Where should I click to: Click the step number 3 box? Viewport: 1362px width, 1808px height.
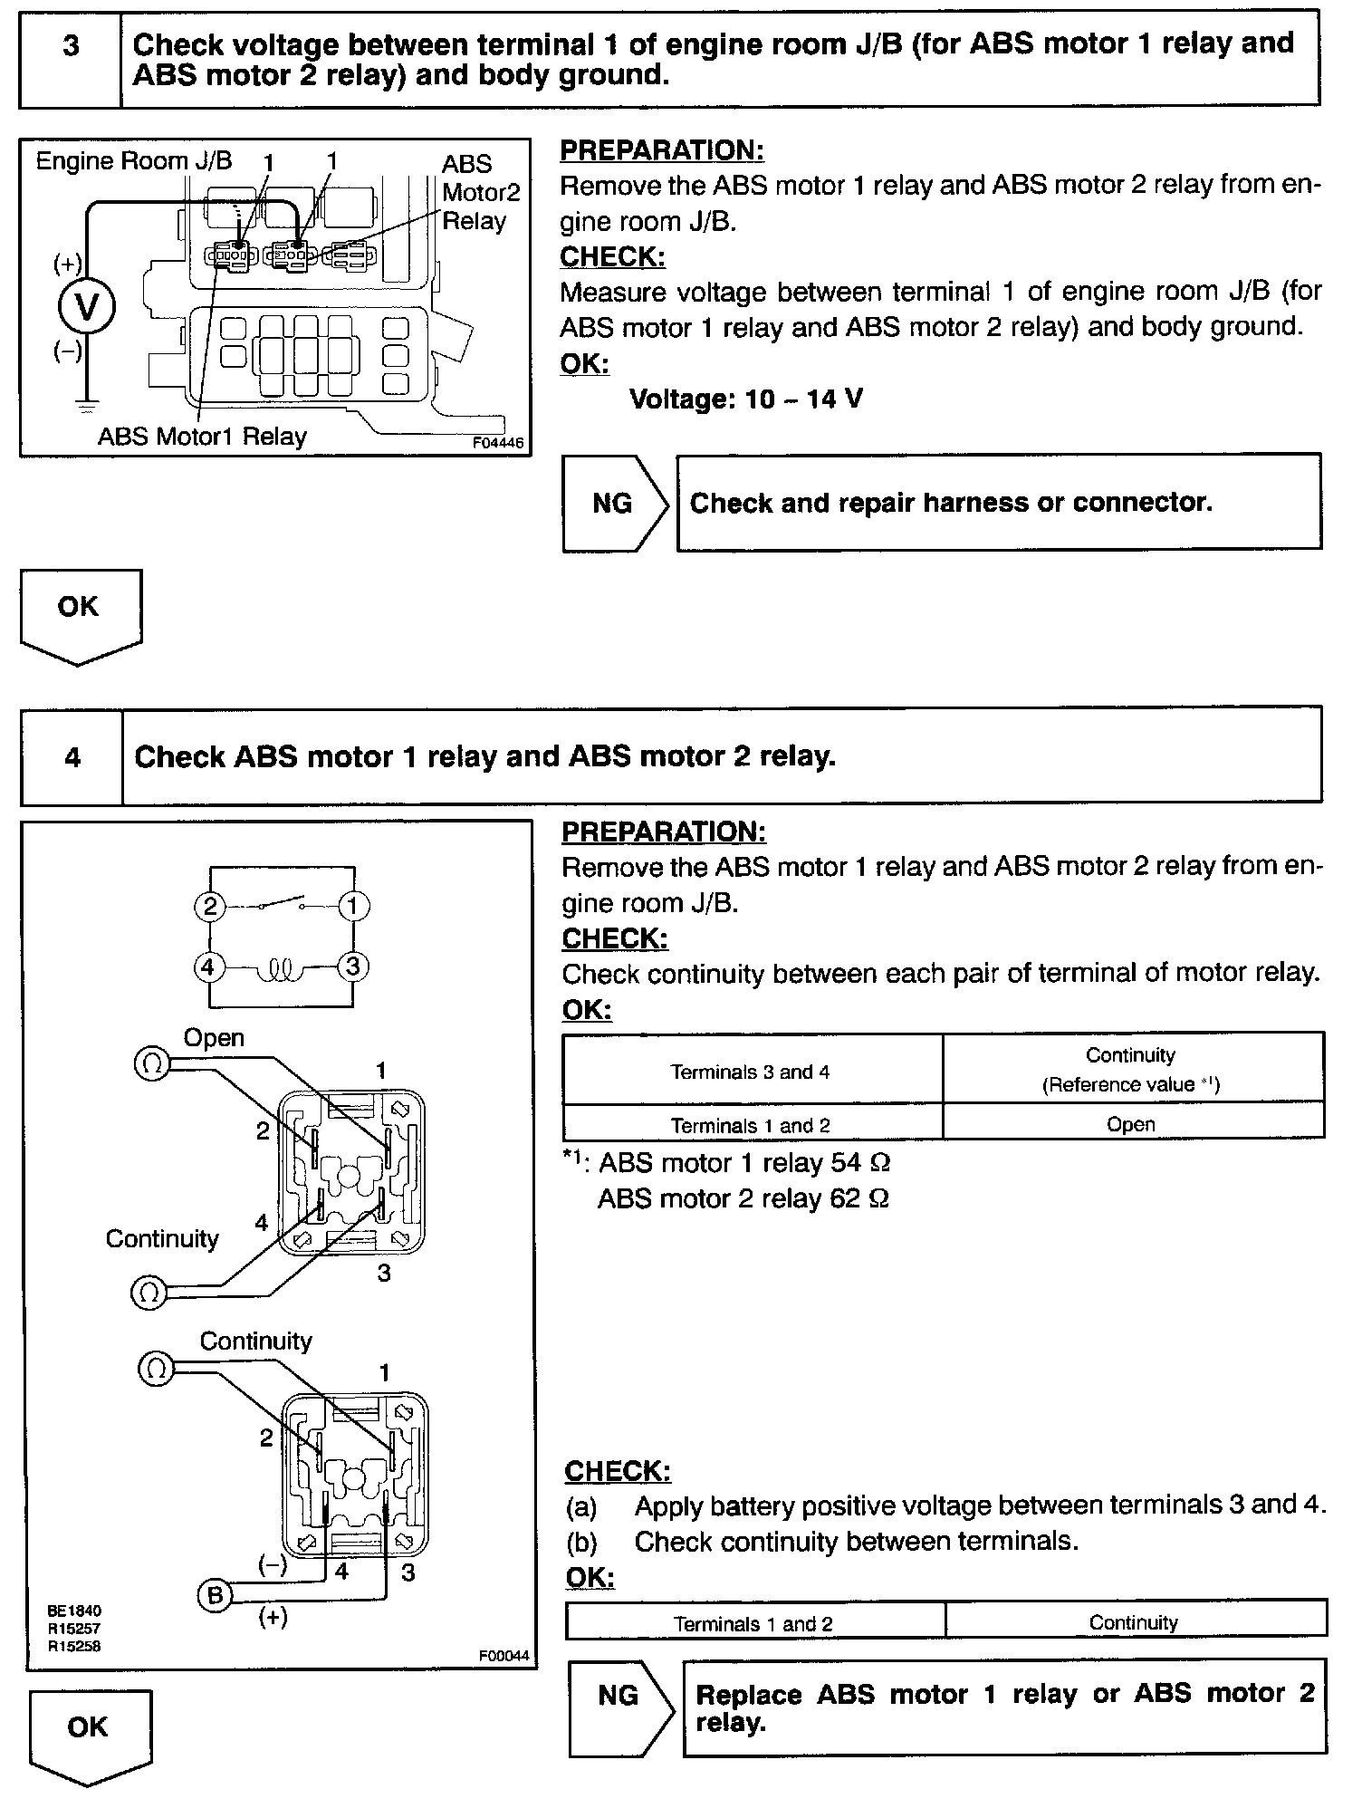[71, 59]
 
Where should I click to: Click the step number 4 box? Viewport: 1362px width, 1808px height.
[72, 757]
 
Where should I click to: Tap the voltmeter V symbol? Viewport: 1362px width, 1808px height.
[86, 308]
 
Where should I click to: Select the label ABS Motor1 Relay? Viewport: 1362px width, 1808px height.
[202, 437]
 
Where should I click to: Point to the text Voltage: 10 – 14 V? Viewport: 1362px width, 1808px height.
[746, 399]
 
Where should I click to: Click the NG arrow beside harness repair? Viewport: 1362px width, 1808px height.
[614, 504]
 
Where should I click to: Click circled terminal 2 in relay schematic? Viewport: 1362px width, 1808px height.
[209, 907]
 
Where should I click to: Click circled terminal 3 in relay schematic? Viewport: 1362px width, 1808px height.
[353, 967]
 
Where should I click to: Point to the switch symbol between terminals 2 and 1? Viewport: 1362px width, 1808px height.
[281, 903]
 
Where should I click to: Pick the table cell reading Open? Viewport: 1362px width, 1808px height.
[1131, 1124]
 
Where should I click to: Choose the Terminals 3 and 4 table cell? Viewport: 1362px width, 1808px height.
[750, 1072]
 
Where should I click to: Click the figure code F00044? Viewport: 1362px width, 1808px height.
[503, 1657]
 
